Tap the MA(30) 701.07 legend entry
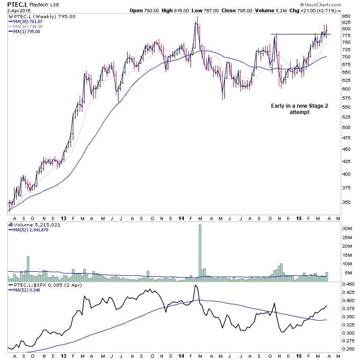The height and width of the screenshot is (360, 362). click(30, 21)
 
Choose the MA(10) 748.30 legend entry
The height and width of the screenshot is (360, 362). click(30, 26)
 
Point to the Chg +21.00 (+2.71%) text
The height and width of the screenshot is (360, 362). click(326, 10)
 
